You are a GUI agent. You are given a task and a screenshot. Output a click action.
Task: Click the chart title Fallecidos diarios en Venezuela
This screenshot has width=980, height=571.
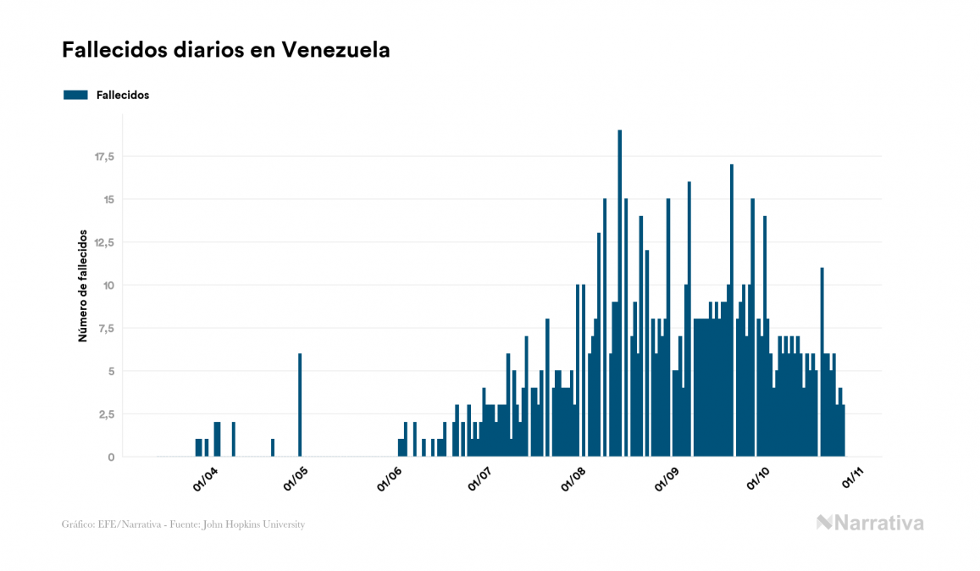coord(226,50)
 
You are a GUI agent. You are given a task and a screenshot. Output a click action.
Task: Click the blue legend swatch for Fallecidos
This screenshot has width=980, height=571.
coord(75,95)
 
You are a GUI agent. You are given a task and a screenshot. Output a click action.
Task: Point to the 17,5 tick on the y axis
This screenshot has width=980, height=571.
coord(104,157)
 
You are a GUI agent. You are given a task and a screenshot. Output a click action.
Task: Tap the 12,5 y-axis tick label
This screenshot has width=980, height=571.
coord(104,242)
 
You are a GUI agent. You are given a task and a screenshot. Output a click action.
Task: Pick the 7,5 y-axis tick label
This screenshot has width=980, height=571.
coord(106,328)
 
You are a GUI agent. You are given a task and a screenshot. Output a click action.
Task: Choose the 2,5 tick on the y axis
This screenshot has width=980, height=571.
coord(106,414)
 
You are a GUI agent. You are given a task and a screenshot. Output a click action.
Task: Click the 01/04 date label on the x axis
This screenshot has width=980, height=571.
coord(205,480)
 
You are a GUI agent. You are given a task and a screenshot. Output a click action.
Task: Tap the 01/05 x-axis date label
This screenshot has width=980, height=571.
coord(296,480)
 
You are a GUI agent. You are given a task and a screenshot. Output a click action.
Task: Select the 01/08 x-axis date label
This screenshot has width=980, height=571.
coord(573,480)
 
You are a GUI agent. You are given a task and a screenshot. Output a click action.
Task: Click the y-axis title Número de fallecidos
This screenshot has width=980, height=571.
coord(83,285)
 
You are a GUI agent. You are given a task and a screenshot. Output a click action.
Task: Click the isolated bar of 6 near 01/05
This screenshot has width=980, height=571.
coord(300,405)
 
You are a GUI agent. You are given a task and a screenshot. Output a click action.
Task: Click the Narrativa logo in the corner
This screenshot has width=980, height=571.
coord(870,523)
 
